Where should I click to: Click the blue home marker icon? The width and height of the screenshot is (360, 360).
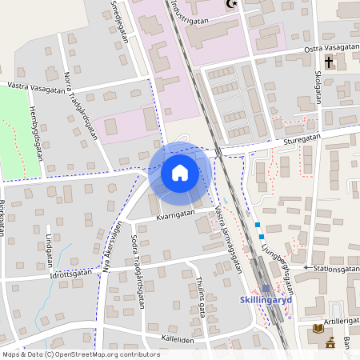[x=180, y=173]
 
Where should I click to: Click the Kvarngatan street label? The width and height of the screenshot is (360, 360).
[x=175, y=214]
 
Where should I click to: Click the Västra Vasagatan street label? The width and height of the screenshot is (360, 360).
[x=36, y=87]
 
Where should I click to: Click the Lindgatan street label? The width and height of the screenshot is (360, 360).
[x=49, y=251]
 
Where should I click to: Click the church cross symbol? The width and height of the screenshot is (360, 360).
[x=329, y=62]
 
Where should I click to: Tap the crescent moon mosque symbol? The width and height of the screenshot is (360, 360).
[x=233, y=5]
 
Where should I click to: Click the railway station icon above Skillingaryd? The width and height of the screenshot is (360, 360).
[x=266, y=288]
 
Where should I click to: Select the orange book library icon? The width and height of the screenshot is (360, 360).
[x=318, y=329]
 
